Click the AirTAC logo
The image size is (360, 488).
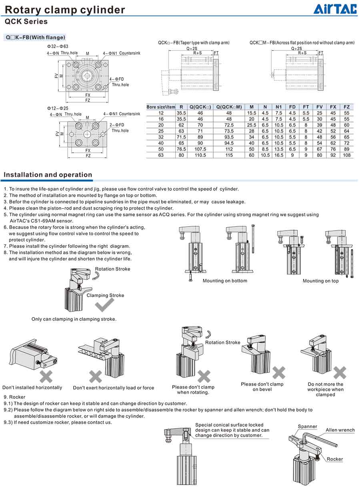335,9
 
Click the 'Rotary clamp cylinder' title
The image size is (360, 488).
65,10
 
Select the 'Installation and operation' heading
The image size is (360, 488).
48,175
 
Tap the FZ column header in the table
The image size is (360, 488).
346,107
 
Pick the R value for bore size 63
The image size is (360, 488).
181,155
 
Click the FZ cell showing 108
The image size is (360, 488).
346,155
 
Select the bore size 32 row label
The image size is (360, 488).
161,137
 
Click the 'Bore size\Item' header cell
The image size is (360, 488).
161,107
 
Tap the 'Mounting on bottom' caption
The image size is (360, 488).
225,281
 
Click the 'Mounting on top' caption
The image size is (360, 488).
320,281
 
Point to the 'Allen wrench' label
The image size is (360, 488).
340,430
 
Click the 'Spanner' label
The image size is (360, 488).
307,426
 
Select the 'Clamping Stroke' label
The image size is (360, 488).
105,295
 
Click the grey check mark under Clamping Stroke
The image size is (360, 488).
104,306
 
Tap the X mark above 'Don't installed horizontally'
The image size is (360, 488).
46,376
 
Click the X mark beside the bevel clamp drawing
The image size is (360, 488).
279,372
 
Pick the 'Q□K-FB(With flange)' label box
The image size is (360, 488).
35,38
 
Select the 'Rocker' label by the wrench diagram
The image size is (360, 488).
335,459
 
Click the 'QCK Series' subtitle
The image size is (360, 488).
26,22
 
